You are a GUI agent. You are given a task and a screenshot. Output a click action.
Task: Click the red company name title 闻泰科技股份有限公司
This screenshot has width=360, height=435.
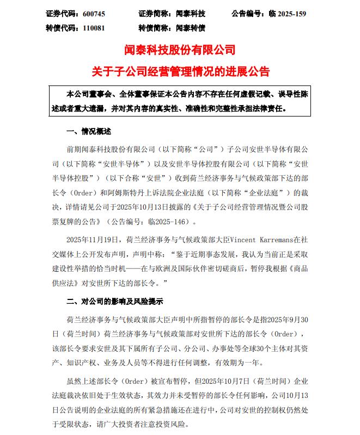coord(180,51)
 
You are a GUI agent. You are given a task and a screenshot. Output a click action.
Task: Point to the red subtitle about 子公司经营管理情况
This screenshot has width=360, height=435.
coord(180,71)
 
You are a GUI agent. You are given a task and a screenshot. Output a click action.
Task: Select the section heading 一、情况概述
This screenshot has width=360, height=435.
coord(88,131)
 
